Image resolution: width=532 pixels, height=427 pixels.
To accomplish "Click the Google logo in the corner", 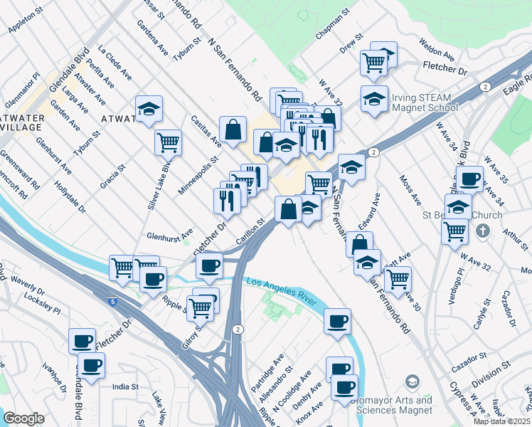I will point(23,418).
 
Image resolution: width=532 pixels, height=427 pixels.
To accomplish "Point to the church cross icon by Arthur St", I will point(483,231).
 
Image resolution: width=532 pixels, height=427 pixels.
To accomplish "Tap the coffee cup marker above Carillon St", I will point(208,266).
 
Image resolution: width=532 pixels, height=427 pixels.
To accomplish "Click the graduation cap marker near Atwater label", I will point(149,109).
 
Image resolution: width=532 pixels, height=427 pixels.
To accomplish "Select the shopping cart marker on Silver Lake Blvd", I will point(168,141).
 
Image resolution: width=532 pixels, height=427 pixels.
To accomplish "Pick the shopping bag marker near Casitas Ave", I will point(233,130).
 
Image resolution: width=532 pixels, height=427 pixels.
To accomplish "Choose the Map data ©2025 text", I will point(502,421).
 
